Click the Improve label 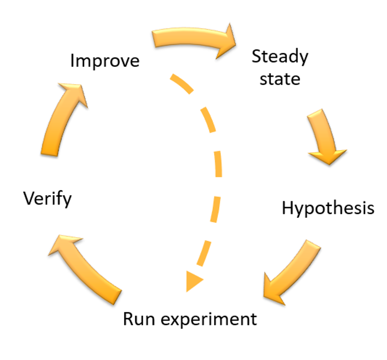105,61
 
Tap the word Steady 280,57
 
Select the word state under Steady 280,79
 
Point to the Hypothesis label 328,208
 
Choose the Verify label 47,199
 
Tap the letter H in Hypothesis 288,208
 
